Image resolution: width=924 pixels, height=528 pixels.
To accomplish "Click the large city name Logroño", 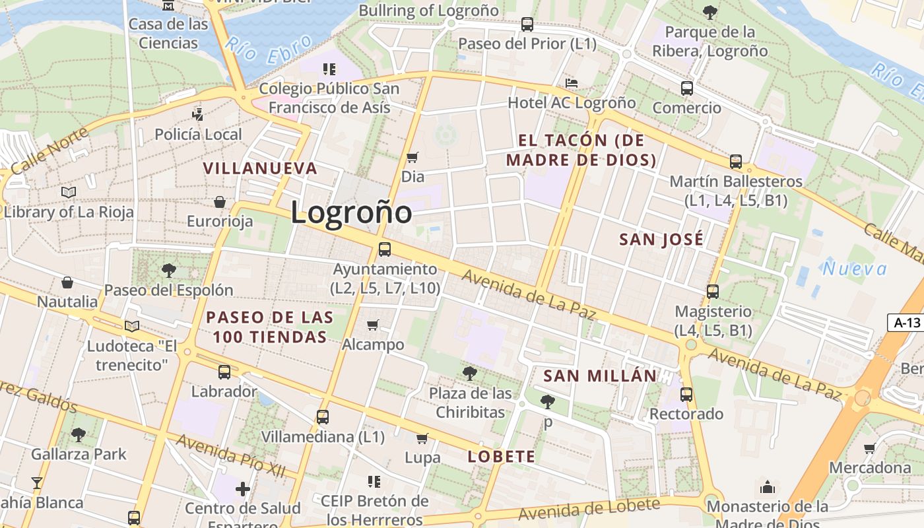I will click(x=351, y=213).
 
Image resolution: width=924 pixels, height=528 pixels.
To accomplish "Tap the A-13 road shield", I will click(x=906, y=323).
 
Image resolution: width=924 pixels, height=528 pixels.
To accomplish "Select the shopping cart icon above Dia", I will click(x=412, y=157).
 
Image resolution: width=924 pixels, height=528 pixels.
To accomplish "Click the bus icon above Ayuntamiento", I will click(x=385, y=249).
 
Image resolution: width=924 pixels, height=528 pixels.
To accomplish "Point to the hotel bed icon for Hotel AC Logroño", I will click(x=572, y=83).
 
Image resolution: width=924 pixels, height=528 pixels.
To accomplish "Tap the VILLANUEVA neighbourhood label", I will click(x=260, y=168).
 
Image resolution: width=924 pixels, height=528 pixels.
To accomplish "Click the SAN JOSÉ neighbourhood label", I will click(x=661, y=239).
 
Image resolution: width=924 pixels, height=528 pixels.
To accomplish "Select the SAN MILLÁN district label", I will click(x=600, y=376).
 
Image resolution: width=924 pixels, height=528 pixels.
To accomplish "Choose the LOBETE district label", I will click(x=501, y=456).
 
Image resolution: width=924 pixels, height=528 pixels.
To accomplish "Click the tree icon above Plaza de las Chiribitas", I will click(x=470, y=374).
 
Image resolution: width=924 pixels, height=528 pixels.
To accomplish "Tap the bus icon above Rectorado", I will click(x=686, y=395).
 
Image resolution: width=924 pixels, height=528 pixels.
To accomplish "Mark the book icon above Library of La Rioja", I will click(x=69, y=193).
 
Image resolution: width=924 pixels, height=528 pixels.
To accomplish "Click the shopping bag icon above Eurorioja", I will click(x=220, y=202).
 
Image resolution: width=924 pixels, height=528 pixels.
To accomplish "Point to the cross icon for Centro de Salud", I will click(x=243, y=489).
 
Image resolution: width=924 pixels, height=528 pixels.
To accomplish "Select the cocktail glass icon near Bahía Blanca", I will click(x=37, y=483).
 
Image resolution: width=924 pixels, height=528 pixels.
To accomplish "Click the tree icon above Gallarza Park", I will click(x=79, y=434).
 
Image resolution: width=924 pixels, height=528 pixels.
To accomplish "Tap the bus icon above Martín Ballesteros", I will click(x=736, y=162).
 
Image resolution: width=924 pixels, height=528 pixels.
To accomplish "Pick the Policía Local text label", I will click(x=198, y=135).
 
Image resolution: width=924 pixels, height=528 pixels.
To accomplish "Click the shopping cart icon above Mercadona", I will click(x=870, y=448).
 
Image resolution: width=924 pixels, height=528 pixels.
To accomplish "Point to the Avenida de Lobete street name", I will click(x=589, y=509).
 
